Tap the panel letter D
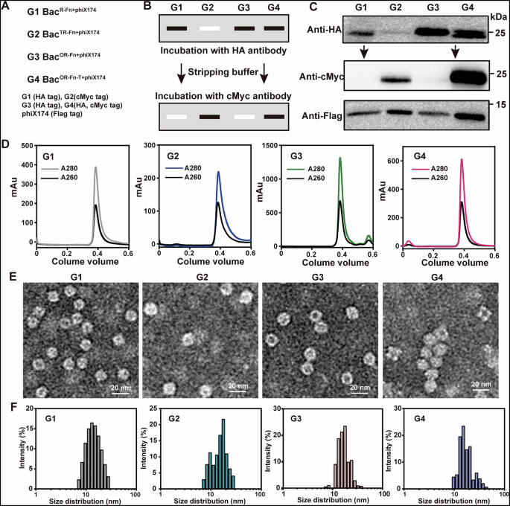coord(7,141)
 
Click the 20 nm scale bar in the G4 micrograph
coord(482,385)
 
